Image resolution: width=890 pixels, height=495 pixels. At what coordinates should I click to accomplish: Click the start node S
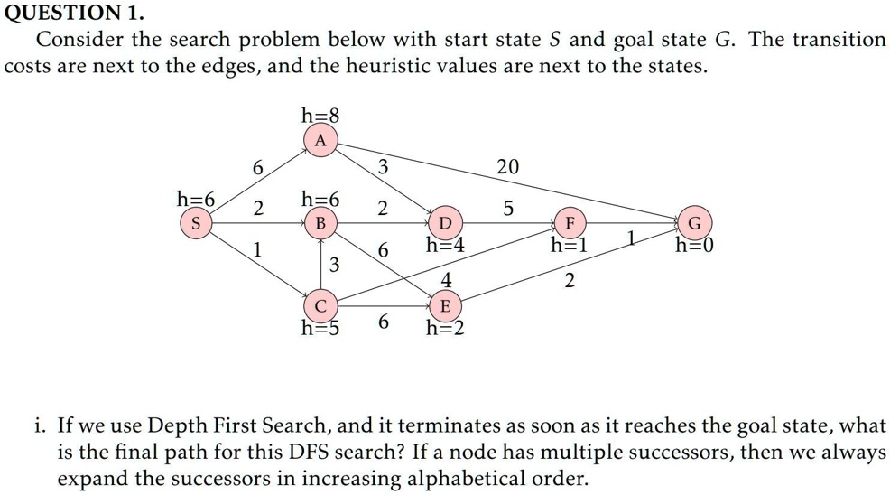pyautogui.click(x=194, y=222)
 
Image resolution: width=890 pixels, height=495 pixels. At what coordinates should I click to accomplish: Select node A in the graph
pyautogui.click(x=320, y=140)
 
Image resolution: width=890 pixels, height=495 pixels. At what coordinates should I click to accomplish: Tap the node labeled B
pyautogui.click(x=320, y=222)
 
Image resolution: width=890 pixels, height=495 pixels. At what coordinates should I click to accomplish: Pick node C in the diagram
pyautogui.click(x=320, y=304)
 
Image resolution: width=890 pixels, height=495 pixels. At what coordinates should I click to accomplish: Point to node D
pyautogui.click(x=445, y=222)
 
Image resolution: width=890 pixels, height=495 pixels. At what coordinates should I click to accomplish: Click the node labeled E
pyautogui.click(x=445, y=305)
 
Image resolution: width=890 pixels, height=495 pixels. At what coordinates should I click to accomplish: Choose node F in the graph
pyautogui.click(x=569, y=222)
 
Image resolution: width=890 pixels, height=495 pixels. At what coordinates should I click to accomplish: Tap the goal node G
pyautogui.click(x=693, y=222)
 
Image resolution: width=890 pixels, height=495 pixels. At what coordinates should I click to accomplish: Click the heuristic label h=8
pyautogui.click(x=320, y=116)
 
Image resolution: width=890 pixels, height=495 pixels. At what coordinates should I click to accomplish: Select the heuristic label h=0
pyautogui.click(x=694, y=245)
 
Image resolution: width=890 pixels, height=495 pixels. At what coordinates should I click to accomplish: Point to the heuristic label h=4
pyautogui.click(x=445, y=245)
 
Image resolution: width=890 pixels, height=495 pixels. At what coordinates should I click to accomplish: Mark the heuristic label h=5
pyautogui.click(x=320, y=328)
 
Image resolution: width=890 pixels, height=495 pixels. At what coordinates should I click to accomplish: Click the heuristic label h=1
pyautogui.click(x=570, y=245)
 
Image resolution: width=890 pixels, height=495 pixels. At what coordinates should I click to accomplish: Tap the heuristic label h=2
pyautogui.click(x=445, y=328)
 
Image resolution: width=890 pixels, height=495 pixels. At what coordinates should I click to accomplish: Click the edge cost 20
pyautogui.click(x=508, y=166)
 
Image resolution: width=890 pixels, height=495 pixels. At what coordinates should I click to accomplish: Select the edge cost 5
pyautogui.click(x=508, y=209)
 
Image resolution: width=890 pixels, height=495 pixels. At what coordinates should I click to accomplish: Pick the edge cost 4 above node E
pyautogui.click(x=445, y=280)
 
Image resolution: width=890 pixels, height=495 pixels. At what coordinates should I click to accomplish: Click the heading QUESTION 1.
pyautogui.click(x=71, y=14)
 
